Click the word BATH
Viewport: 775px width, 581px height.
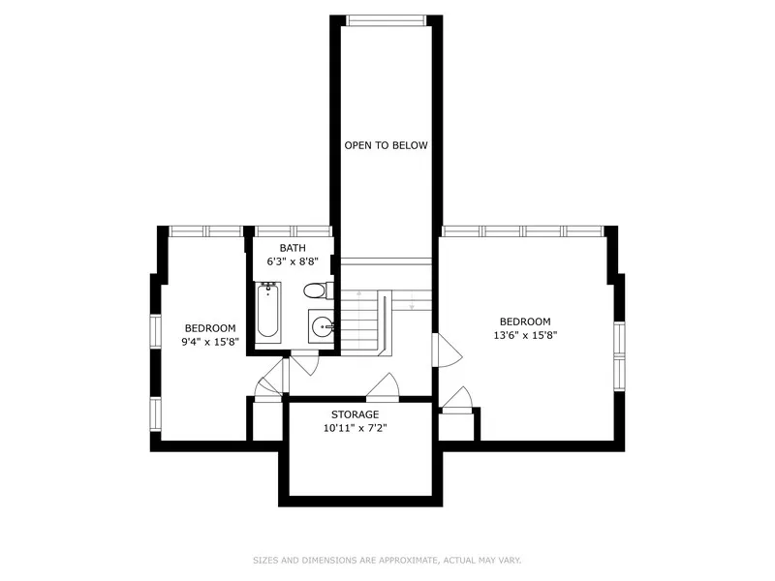[x=293, y=249]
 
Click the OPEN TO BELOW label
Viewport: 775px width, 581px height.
[x=386, y=145]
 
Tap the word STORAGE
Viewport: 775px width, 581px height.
[x=355, y=414]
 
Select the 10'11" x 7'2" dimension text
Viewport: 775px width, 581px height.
[x=355, y=427]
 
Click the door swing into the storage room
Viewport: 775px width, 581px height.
[x=384, y=386]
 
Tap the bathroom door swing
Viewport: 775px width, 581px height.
[x=302, y=364]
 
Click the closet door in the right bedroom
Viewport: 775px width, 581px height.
[x=457, y=399]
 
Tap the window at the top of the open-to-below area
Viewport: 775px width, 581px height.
[x=386, y=18]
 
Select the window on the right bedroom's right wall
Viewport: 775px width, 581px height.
[x=619, y=354]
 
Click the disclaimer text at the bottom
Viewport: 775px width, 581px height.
[x=387, y=560]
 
